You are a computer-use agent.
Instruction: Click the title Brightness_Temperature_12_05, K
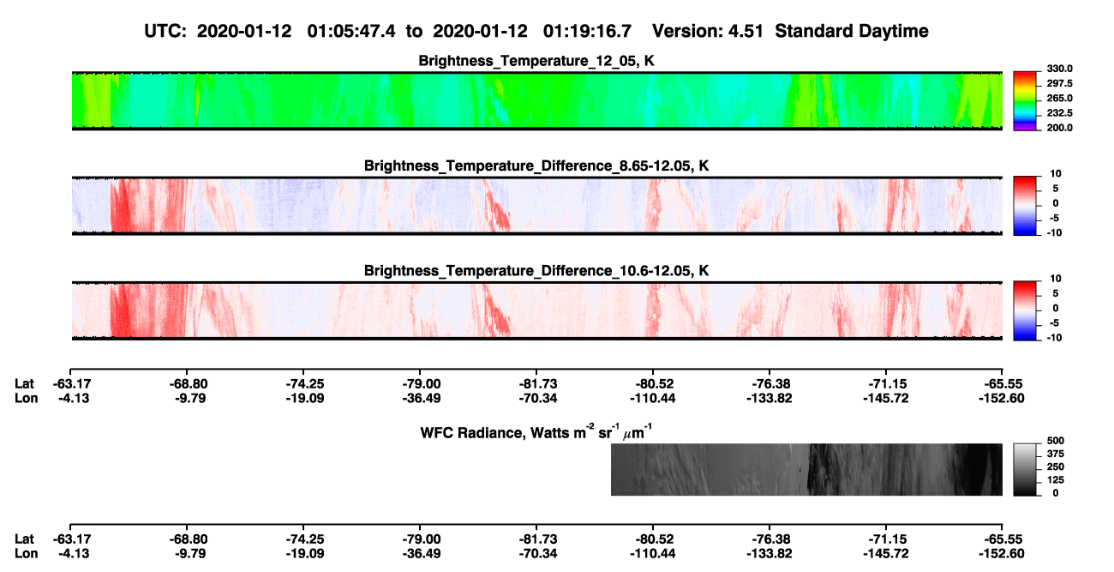[536, 61]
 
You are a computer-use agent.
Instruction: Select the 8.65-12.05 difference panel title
[536, 166]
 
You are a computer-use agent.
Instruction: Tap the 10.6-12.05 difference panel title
[536, 271]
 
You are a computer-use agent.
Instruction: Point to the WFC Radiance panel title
[536, 432]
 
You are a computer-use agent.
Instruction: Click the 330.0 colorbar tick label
[1059, 69]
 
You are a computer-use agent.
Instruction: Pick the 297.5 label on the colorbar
[1059, 83]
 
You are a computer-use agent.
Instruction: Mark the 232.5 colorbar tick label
[1059, 113]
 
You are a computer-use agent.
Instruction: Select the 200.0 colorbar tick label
[1059, 128]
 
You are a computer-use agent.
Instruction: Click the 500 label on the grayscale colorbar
[1056, 441]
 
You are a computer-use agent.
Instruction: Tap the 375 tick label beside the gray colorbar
[1056, 454]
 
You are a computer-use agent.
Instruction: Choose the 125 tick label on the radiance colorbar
[1056, 480]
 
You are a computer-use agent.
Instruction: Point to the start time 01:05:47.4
[351, 31]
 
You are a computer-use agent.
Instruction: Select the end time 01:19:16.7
[587, 31]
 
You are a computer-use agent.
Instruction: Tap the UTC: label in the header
[165, 31]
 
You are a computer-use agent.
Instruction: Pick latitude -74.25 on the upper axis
[305, 384]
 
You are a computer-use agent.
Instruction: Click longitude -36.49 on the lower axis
[422, 553]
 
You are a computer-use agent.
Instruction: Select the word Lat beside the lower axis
[24, 539]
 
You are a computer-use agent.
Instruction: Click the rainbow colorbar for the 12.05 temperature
[1025, 101]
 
